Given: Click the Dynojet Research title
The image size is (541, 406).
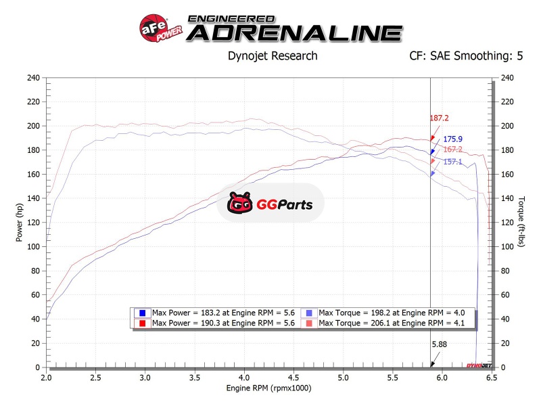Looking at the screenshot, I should tap(273, 56).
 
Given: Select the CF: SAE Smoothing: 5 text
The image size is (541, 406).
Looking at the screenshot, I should tap(466, 56).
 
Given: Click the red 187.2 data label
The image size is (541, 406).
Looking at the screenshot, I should tap(440, 118).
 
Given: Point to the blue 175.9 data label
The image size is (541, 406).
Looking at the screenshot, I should tap(452, 139).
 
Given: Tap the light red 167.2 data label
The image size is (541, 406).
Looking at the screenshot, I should tap(452, 150).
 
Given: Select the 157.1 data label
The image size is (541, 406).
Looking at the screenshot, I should tap(452, 162).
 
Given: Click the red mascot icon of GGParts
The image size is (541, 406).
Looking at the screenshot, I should tap(240, 203).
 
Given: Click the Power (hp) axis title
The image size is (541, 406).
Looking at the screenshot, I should tap(19, 223).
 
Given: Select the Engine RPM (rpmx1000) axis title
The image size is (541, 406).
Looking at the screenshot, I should tap(269, 389).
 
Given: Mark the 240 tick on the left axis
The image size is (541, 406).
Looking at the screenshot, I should tap(33, 78).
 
